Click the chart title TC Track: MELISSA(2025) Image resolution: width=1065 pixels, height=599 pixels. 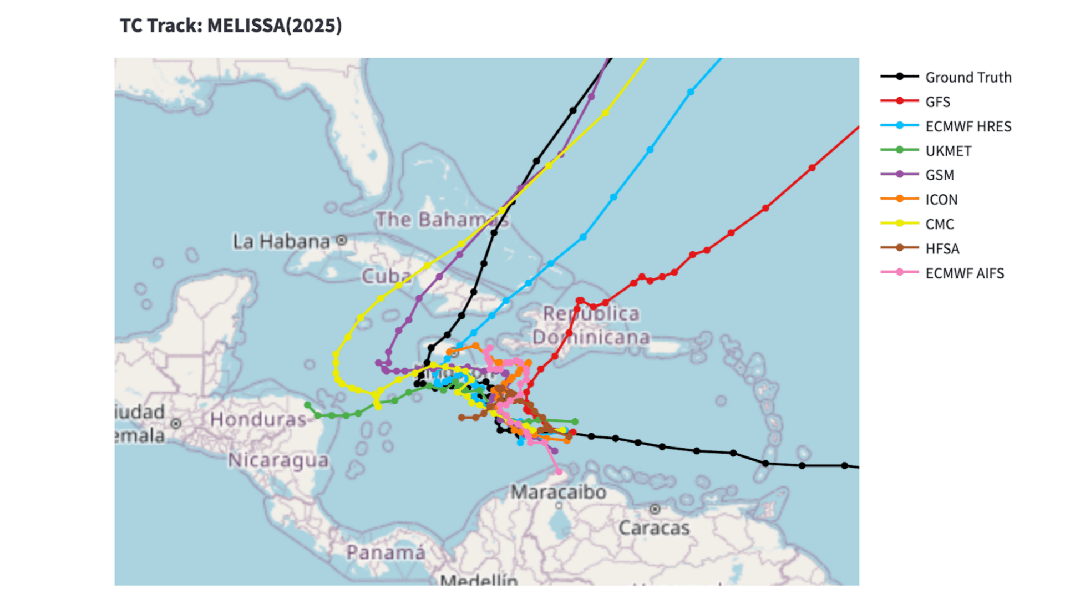[231, 26]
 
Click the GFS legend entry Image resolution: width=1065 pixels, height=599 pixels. [937, 101]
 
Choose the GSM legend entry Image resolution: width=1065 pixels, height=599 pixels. [940, 175]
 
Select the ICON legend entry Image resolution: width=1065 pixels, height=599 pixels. [941, 200]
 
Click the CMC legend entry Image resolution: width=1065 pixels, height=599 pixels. [940, 224]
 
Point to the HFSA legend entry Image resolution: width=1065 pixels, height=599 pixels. [942, 248]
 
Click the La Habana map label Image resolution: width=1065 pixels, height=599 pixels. [281, 242]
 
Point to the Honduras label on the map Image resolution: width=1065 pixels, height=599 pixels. [258, 419]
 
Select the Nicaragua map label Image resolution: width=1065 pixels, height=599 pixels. [278, 460]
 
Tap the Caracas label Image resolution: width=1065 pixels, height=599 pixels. [654, 527]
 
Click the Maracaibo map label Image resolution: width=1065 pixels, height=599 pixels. [558, 492]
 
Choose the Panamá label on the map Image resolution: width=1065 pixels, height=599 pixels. [386, 552]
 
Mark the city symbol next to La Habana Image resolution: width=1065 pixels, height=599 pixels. [342, 240]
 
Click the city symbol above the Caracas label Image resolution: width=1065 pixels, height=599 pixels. [655, 509]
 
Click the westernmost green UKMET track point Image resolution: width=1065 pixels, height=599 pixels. [308, 405]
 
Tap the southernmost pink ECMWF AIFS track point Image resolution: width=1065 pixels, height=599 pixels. [559, 472]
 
